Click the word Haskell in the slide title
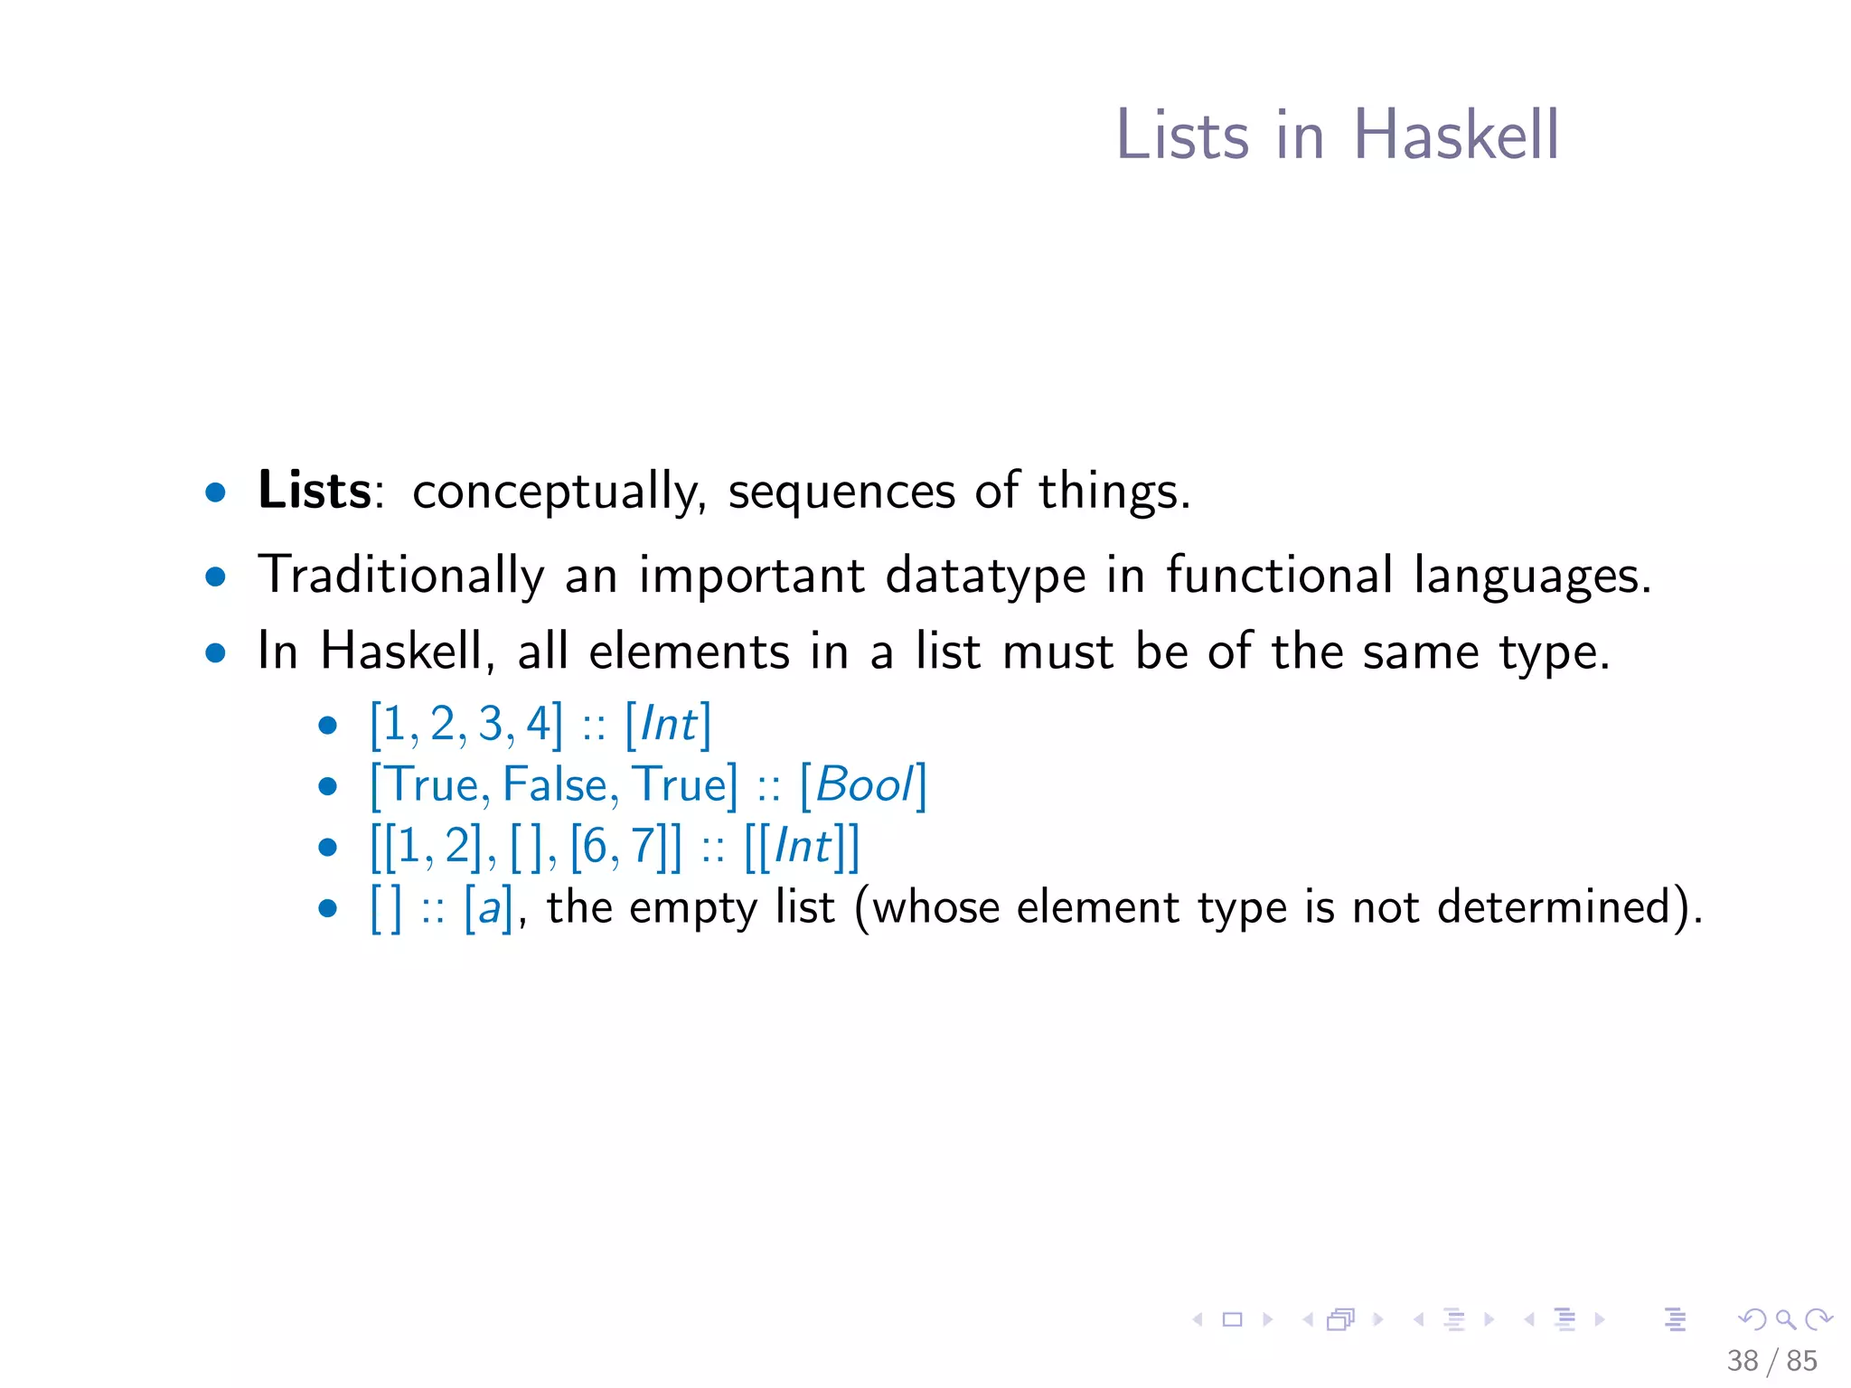[x=1455, y=136]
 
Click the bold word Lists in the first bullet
[x=314, y=491]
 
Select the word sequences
[x=841, y=492]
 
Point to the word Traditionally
[x=400, y=576]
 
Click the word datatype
[x=985, y=576]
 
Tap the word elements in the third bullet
[x=689, y=651]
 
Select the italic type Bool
[x=864, y=784]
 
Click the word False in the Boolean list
[x=554, y=784]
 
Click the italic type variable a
[x=489, y=907]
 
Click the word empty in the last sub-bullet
[x=692, y=908]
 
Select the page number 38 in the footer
[x=1742, y=1360]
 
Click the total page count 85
[x=1801, y=1360]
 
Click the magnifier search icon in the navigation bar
[x=1785, y=1319]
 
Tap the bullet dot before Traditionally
[x=215, y=577]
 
